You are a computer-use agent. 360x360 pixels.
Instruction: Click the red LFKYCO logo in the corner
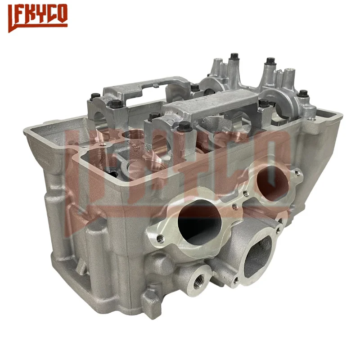tap(38, 18)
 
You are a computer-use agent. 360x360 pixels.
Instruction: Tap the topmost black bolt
tap(234, 57)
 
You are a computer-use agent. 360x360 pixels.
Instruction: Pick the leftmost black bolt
tap(95, 96)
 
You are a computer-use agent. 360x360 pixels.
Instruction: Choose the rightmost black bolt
tap(303, 93)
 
